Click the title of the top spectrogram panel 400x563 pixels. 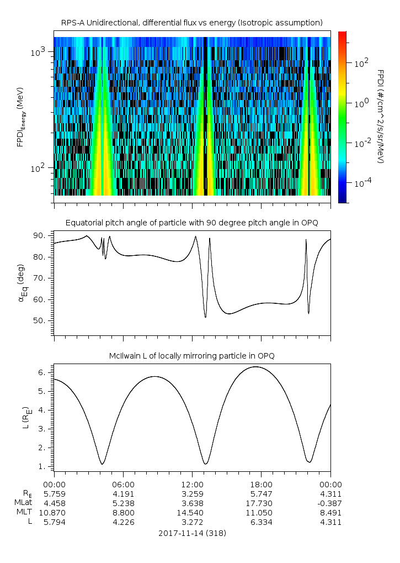(191, 22)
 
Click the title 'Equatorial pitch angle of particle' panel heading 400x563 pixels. (191, 223)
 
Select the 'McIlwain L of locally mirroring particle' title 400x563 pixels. (191, 356)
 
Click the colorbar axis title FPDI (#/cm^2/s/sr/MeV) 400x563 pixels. (381, 116)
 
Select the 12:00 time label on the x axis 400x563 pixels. (192, 483)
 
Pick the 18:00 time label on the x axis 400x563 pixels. (261, 483)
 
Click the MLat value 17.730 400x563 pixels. (261, 503)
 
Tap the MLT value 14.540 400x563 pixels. (192, 513)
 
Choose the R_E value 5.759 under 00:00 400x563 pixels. (54, 493)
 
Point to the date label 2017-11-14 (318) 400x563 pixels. (192, 533)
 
